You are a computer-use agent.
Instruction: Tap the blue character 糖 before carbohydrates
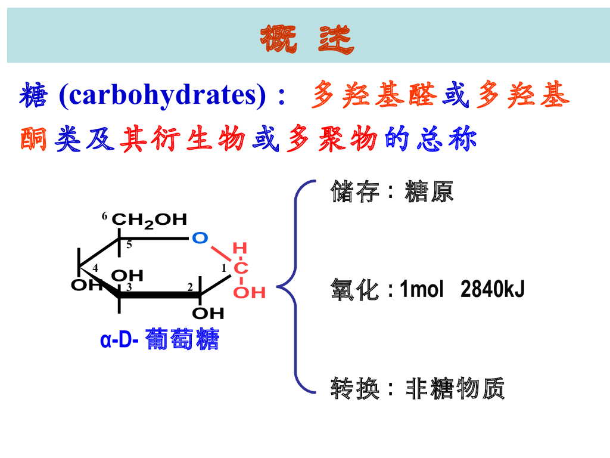[33, 97]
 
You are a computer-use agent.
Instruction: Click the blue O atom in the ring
[200, 238]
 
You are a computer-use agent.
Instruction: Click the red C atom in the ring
[241, 269]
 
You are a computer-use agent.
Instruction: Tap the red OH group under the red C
[249, 292]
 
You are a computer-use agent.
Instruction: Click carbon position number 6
[105, 216]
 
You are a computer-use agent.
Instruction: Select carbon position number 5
[129, 245]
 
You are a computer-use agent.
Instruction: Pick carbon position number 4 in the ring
[95, 268]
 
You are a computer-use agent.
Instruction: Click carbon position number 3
[129, 287]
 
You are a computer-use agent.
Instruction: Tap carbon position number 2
[190, 287]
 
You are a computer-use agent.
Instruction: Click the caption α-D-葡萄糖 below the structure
[160, 341]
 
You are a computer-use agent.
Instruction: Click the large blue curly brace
[296, 286]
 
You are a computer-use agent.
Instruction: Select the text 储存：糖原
[392, 192]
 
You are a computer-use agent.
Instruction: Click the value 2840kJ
[492, 290]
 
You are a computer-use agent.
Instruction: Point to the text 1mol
[422, 290]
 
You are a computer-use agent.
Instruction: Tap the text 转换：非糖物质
[418, 389]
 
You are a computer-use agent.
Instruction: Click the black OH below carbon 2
[208, 313]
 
